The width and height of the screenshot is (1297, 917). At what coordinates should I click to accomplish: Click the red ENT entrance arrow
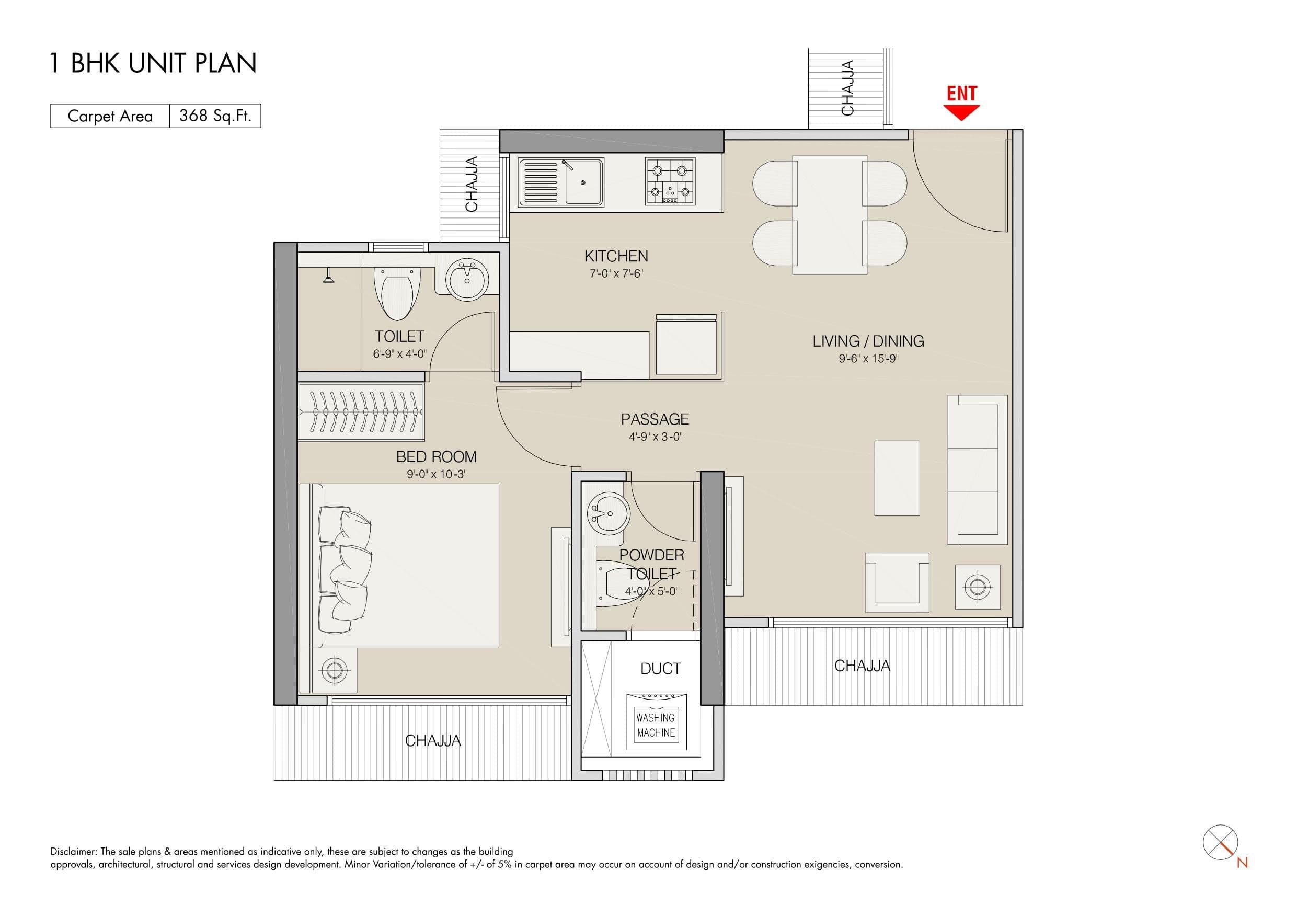pyautogui.click(x=961, y=112)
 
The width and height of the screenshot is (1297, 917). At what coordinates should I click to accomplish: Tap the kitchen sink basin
pyautogui.click(x=583, y=182)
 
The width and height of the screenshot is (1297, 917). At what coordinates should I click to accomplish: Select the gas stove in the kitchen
pyautogui.click(x=670, y=181)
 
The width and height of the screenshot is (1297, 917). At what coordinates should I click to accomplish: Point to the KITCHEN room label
pyautogui.click(x=616, y=257)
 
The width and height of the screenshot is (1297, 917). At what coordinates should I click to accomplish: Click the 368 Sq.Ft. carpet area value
pyautogui.click(x=215, y=116)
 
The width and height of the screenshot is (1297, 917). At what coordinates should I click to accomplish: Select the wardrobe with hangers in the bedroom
pyautogui.click(x=361, y=412)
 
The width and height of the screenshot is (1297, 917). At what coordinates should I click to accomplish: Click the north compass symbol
pyautogui.click(x=1221, y=843)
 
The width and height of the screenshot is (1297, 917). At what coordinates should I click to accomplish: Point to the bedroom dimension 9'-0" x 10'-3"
pyautogui.click(x=436, y=474)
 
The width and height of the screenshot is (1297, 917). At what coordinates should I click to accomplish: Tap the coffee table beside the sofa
pyautogui.click(x=897, y=478)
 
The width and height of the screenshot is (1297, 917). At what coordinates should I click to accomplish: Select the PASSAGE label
pyautogui.click(x=655, y=419)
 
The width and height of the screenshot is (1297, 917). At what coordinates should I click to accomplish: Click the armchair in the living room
pyautogui.click(x=897, y=582)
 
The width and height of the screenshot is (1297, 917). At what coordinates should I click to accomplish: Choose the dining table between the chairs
pyautogui.click(x=830, y=215)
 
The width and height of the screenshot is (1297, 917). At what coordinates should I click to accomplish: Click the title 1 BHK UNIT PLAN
pyautogui.click(x=153, y=63)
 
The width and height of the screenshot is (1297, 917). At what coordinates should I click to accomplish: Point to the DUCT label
pyautogui.click(x=660, y=669)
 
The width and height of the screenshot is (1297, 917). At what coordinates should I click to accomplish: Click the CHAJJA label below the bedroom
pyautogui.click(x=433, y=741)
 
